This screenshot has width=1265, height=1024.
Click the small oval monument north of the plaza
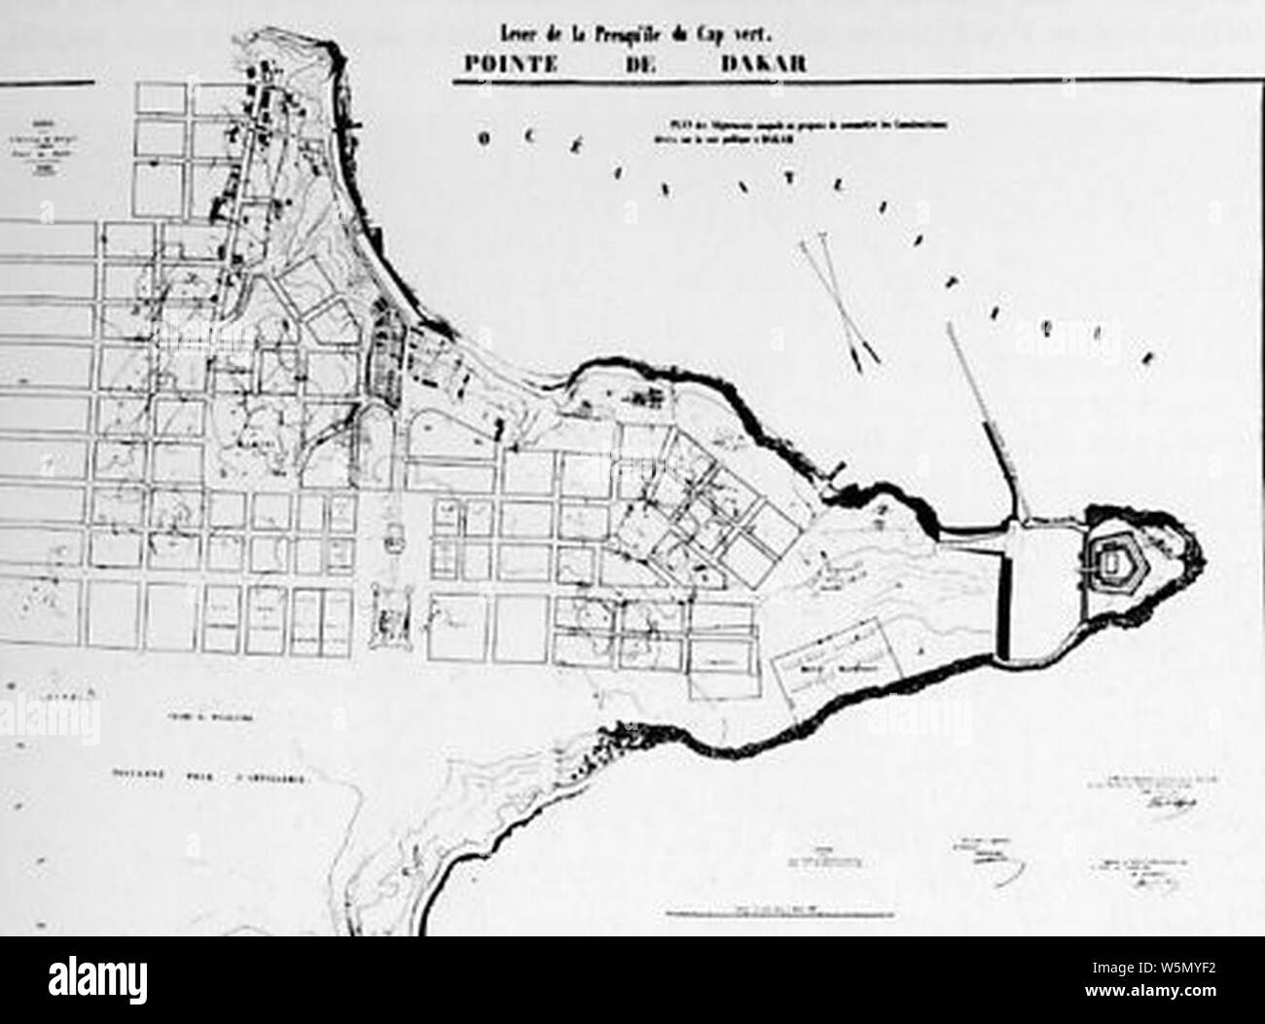click(396, 533)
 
